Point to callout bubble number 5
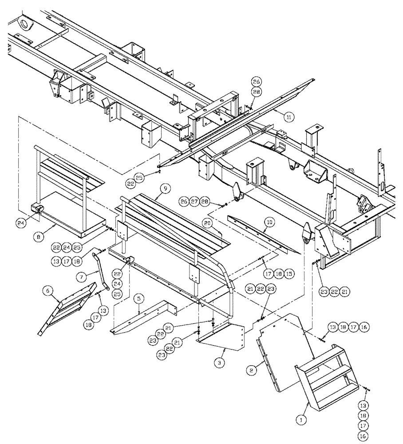(139, 300)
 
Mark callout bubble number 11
(289, 117)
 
